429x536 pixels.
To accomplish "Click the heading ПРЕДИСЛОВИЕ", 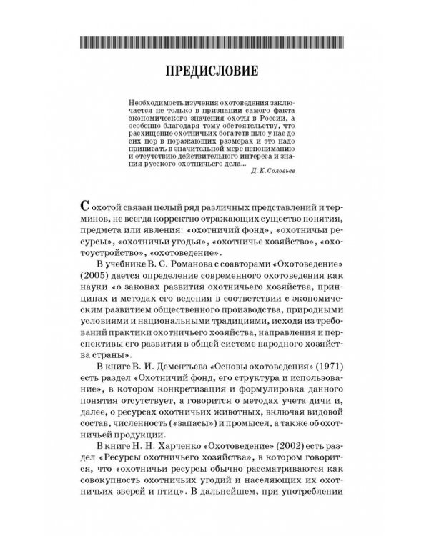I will tap(214, 73).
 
